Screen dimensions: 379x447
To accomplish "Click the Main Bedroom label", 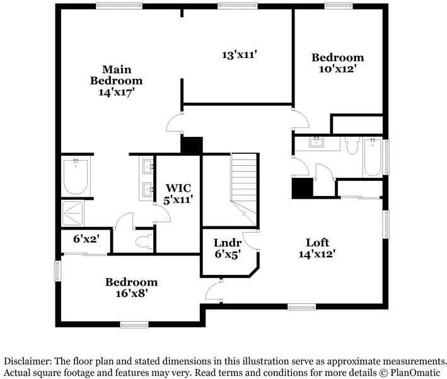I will (x=116, y=80).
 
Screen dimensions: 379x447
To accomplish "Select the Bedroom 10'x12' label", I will (x=338, y=63).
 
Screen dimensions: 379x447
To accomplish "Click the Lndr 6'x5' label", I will (x=228, y=248).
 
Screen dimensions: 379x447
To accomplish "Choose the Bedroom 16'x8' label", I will (x=131, y=288).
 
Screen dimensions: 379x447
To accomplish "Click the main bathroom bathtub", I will (x=76, y=177).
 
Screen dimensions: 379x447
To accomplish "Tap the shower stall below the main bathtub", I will (x=76, y=213).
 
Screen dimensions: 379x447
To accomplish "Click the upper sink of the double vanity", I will (x=148, y=167).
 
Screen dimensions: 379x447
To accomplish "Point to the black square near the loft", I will (x=302, y=188).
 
